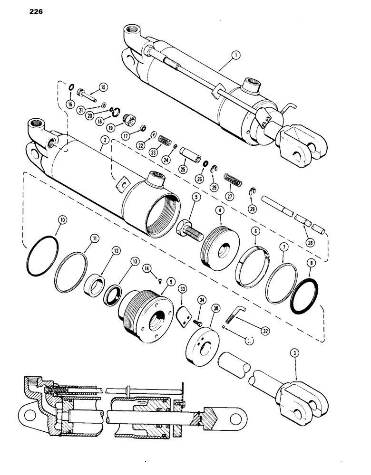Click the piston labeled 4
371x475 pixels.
coord(221,247)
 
